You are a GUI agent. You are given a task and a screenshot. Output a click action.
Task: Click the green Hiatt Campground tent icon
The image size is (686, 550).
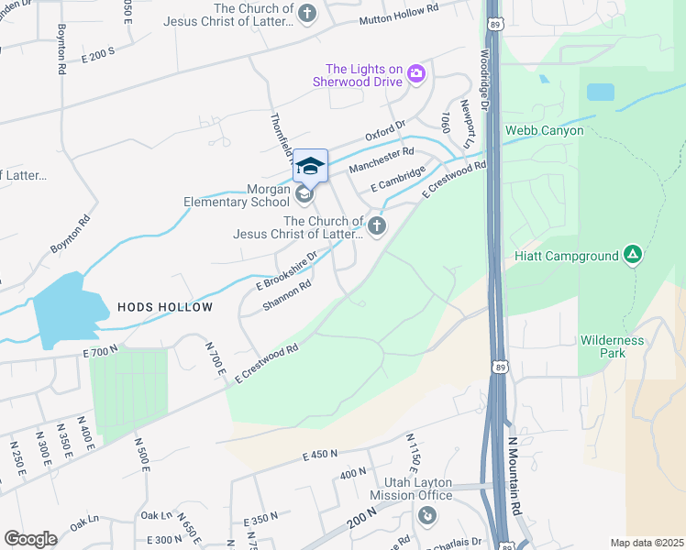[632, 254]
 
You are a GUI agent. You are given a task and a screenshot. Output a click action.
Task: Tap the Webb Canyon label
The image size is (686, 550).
[543, 131]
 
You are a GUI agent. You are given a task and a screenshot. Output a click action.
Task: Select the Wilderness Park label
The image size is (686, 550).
[612, 346]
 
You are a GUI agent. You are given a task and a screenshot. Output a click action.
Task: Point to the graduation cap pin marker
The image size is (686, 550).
[310, 166]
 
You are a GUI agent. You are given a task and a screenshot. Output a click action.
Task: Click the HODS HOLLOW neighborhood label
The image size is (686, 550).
[165, 308]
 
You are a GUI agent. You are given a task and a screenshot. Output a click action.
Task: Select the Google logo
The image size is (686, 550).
[29, 538]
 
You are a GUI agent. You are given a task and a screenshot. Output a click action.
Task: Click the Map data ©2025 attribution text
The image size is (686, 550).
[647, 543]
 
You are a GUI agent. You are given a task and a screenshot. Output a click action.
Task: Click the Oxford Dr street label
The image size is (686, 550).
[385, 132]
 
